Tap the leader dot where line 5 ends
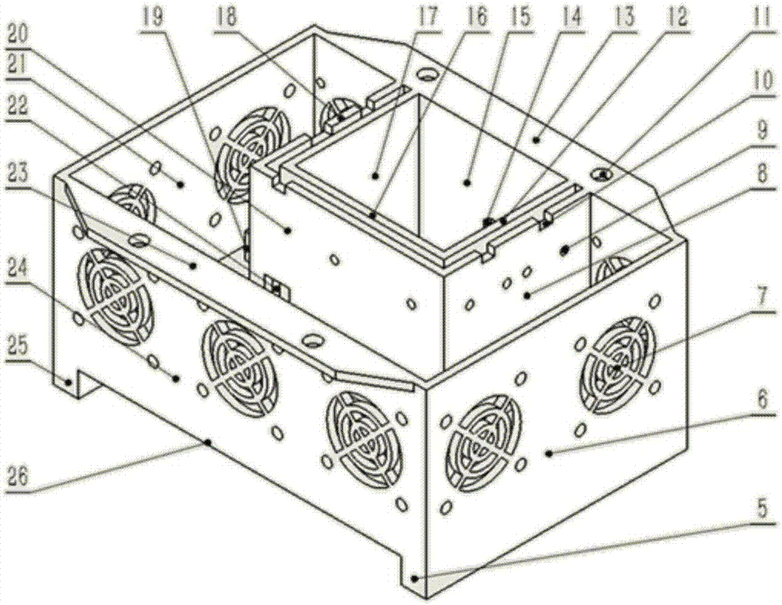(415, 578)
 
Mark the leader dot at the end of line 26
(209, 442)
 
